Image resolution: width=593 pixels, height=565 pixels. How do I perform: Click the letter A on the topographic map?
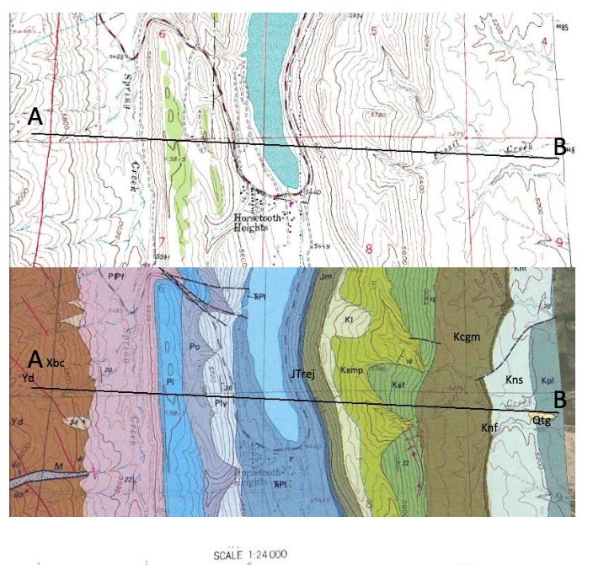tap(35, 119)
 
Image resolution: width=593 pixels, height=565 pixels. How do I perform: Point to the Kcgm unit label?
tap(467, 337)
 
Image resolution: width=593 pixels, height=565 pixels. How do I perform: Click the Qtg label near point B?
tap(541, 420)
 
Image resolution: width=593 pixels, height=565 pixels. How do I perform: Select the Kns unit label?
tap(515, 380)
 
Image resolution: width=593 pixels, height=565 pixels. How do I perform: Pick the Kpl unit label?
tap(547, 380)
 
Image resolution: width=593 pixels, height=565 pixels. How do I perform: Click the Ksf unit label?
tap(399, 385)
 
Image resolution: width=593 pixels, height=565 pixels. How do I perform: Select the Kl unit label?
tap(348, 320)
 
